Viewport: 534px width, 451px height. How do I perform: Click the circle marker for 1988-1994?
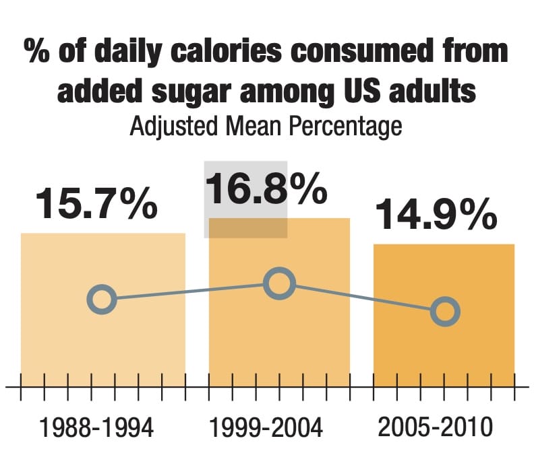click(x=102, y=299)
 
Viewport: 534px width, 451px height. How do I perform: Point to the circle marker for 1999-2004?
click(x=279, y=284)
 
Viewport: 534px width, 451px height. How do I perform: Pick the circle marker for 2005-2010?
click(x=445, y=311)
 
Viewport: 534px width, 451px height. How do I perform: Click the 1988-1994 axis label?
click(x=97, y=427)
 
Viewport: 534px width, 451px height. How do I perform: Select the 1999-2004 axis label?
click(x=266, y=427)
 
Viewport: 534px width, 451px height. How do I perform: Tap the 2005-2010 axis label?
click(x=435, y=427)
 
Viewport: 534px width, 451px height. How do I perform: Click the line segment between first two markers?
click(x=191, y=291)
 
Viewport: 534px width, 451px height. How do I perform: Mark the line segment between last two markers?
click(x=362, y=298)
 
